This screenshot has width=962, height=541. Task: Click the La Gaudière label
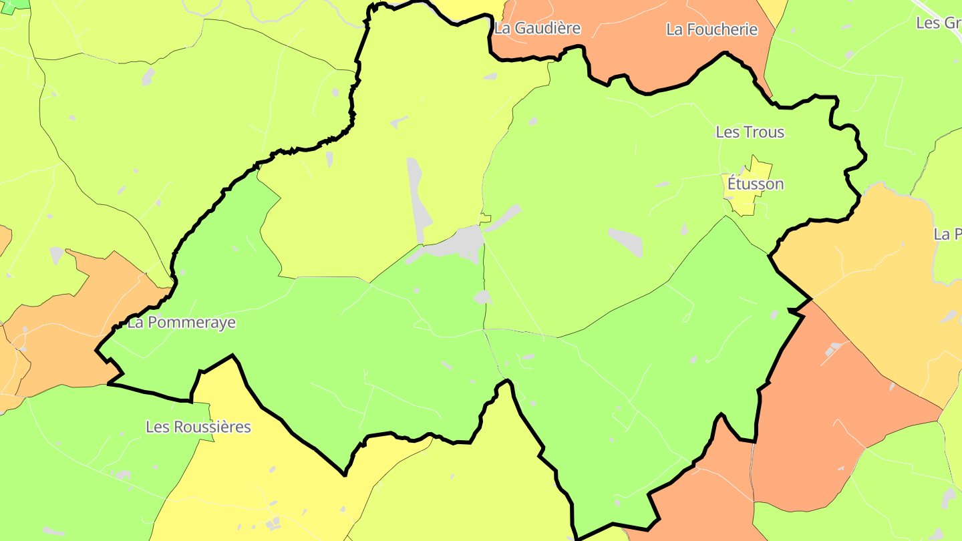[537, 28]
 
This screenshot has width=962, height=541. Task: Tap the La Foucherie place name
[711, 29]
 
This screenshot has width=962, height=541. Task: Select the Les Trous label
[750, 132]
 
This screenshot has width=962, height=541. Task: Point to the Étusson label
[755, 184]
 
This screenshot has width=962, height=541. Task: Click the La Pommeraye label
[181, 323]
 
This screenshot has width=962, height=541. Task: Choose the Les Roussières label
[198, 427]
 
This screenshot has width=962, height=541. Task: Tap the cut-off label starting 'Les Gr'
[938, 23]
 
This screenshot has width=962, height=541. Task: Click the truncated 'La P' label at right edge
[947, 234]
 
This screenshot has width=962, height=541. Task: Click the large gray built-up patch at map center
[461, 243]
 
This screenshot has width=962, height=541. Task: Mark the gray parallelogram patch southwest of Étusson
[627, 241]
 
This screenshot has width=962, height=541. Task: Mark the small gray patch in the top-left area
[148, 76]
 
